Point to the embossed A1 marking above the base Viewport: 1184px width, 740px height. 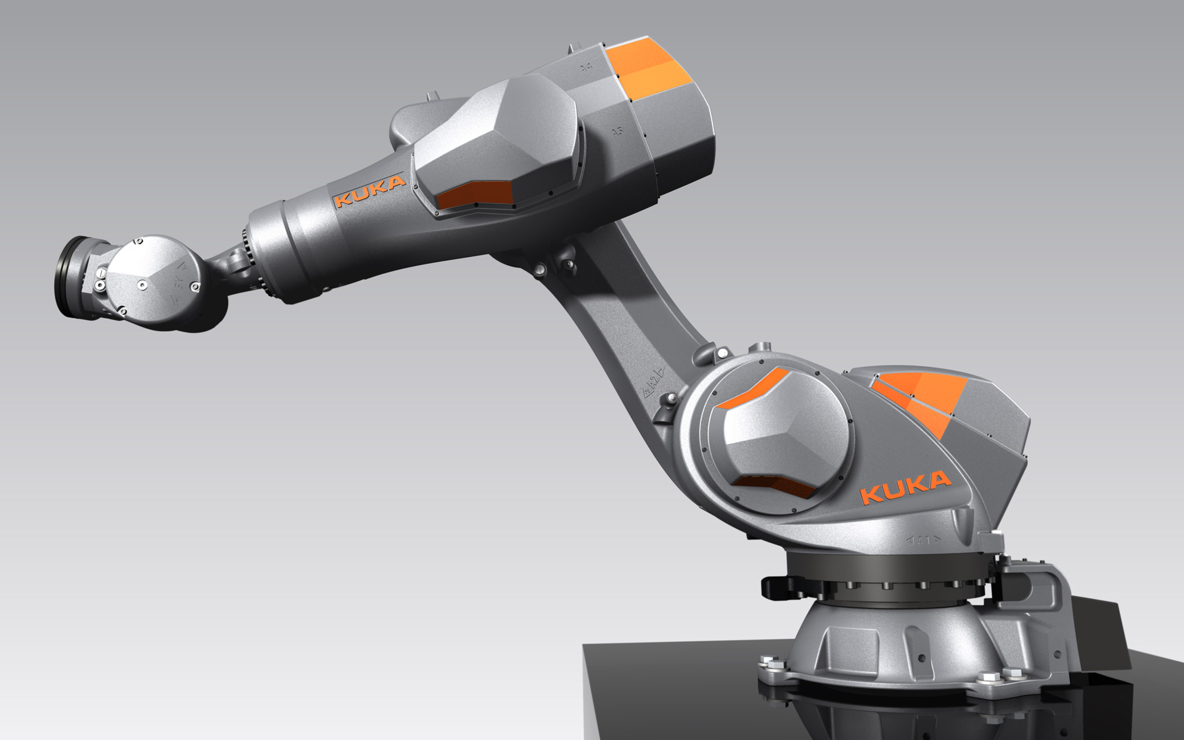coord(923,541)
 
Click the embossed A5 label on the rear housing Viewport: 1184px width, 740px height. coord(616,131)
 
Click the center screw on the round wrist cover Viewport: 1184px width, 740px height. coord(141,284)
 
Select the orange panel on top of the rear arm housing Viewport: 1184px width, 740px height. coord(644,65)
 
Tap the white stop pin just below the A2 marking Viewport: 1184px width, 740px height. coord(668,401)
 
